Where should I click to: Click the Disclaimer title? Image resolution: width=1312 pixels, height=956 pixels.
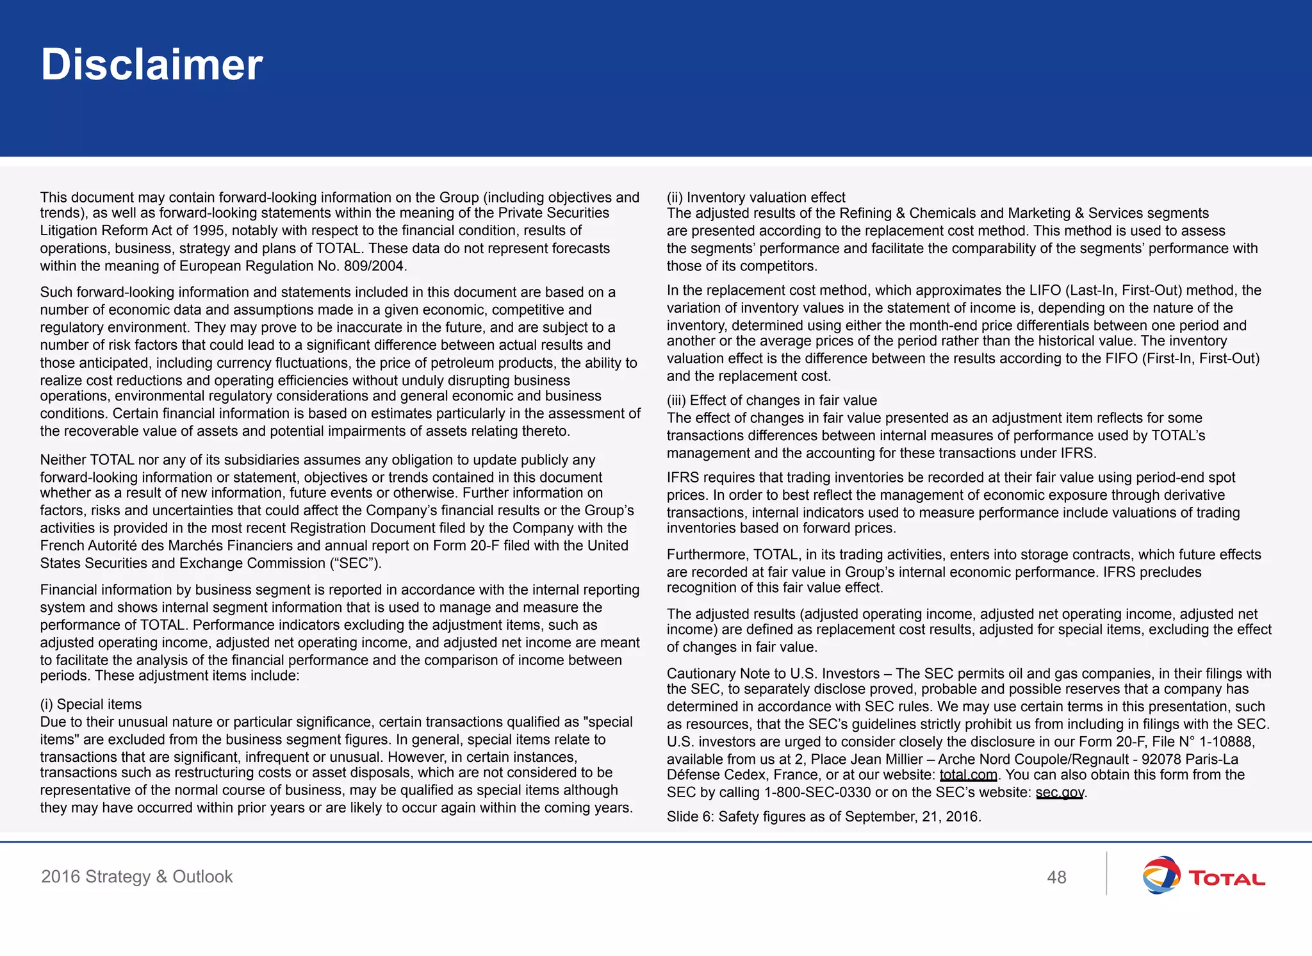click(152, 65)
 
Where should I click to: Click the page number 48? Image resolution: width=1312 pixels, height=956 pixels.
click(1056, 877)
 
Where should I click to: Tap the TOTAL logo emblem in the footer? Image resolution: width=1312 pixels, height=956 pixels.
click(1161, 875)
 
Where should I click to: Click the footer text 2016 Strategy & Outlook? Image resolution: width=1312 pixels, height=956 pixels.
click(136, 877)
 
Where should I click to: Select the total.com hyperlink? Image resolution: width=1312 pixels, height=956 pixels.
click(968, 775)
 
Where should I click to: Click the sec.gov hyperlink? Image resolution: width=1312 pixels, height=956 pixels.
click(1060, 793)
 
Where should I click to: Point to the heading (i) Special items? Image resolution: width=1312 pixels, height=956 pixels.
click(91, 704)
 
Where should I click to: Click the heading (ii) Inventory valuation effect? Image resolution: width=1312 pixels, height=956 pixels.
click(756, 197)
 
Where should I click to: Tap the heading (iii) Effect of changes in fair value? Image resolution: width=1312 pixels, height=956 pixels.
click(771, 400)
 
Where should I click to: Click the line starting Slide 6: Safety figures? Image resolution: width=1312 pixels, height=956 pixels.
click(823, 816)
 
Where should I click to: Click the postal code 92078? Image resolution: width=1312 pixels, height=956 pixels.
click(1161, 759)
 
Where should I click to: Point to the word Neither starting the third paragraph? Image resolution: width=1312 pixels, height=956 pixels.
click(63, 460)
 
